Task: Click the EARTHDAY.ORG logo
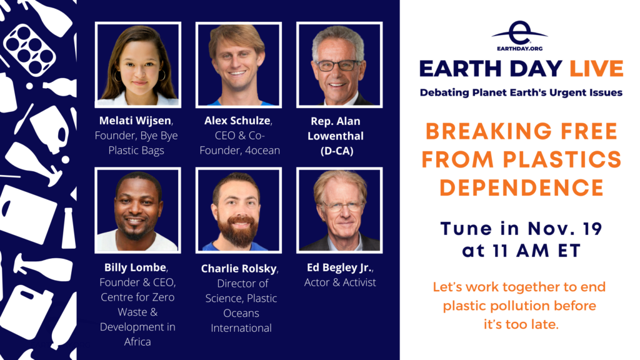(x=519, y=36)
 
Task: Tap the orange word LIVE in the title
(x=596, y=69)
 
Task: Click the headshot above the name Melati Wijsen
(x=138, y=64)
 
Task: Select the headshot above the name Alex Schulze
(x=238, y=64)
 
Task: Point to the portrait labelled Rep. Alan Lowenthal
(x=339, y=64)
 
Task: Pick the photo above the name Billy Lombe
(x=138, y=210)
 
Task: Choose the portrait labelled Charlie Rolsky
(x=238, y=210)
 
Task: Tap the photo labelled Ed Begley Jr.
(x=339, y=210)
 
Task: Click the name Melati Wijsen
(x=135, y=121)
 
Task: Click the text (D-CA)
(x=337, y=151)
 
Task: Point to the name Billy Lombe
(x=135, y=267)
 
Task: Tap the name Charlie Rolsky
(x=239, y=269)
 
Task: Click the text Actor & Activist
(x=340, y=282)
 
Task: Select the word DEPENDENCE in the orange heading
(x=522, y=187)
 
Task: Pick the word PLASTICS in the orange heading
(x=562, y=159)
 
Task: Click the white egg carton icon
(x=29, y=49)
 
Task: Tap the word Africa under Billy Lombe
(x=137, y=342)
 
